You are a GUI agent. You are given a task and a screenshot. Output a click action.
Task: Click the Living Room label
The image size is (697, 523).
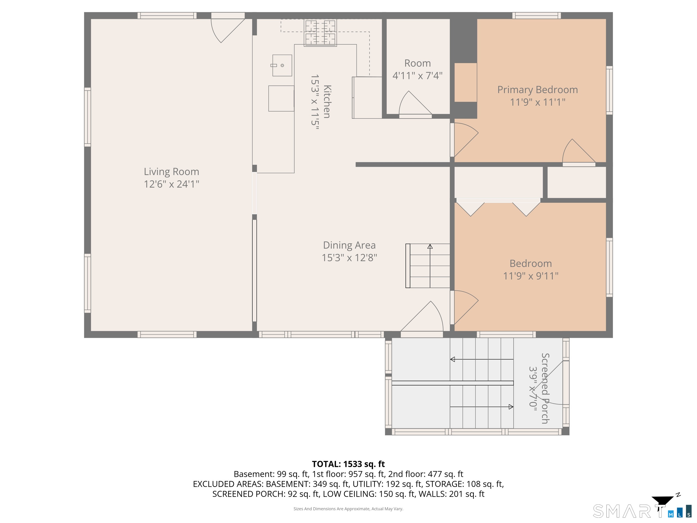[x=172, y=172]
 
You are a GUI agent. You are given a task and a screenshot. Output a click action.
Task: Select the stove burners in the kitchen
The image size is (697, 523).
[x=320, y=33]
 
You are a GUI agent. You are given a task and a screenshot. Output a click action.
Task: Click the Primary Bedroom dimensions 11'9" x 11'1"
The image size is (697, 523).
[x=537, y=102]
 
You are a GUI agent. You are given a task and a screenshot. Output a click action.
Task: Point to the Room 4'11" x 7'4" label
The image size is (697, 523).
[x=417, y=69]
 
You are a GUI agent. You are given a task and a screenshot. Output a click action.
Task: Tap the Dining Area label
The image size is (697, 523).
[x=349, y=245]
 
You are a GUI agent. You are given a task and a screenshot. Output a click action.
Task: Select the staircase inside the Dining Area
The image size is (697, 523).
[x=428, y=266]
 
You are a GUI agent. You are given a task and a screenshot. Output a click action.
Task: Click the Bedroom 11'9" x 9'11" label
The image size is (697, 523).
[x=531, y=269]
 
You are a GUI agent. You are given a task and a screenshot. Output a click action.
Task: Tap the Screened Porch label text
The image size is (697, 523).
[x=545, y=388]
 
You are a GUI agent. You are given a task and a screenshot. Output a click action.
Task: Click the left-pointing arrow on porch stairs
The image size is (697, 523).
[x=453, y=359]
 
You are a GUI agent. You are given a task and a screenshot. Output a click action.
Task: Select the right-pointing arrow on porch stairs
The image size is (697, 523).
[x=511, y=407]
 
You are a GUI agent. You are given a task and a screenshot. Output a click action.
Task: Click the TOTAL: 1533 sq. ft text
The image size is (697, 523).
[x=348, y=464]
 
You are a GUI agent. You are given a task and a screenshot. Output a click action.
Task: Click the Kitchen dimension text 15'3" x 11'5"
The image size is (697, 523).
[x=315, y=102]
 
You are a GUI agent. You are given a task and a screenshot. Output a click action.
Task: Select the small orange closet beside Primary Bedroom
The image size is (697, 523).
[x=465, y=83]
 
